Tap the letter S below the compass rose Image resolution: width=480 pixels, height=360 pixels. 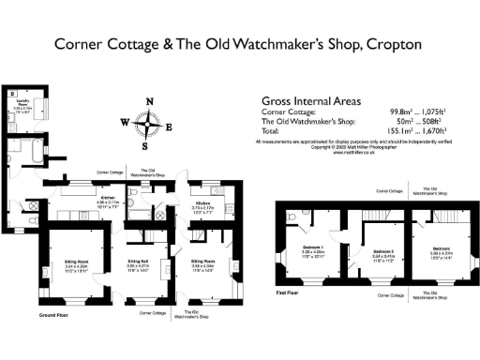point(145,145)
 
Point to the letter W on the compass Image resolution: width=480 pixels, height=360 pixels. point(125,122)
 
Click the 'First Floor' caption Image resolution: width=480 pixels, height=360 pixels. point(287,292)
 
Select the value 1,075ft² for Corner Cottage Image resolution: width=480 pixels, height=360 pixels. point(432,112)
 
